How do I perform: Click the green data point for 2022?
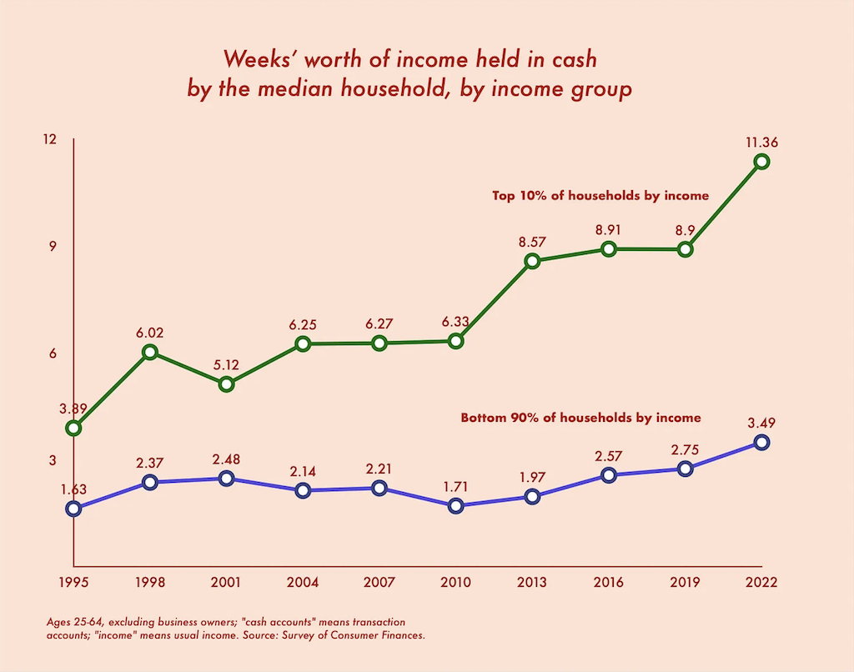(761, 162)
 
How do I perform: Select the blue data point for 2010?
(455, 505)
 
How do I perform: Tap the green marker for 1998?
(150, 352)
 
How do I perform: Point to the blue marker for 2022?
(761, 442)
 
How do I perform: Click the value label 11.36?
(761, 142)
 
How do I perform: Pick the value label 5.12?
(226, 364)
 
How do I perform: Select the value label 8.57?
(532, 242)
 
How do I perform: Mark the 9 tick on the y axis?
(53, 246)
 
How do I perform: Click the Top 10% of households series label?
(600, 196)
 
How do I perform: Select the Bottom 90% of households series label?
(580, 418)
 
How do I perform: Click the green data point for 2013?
(532, 261)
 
